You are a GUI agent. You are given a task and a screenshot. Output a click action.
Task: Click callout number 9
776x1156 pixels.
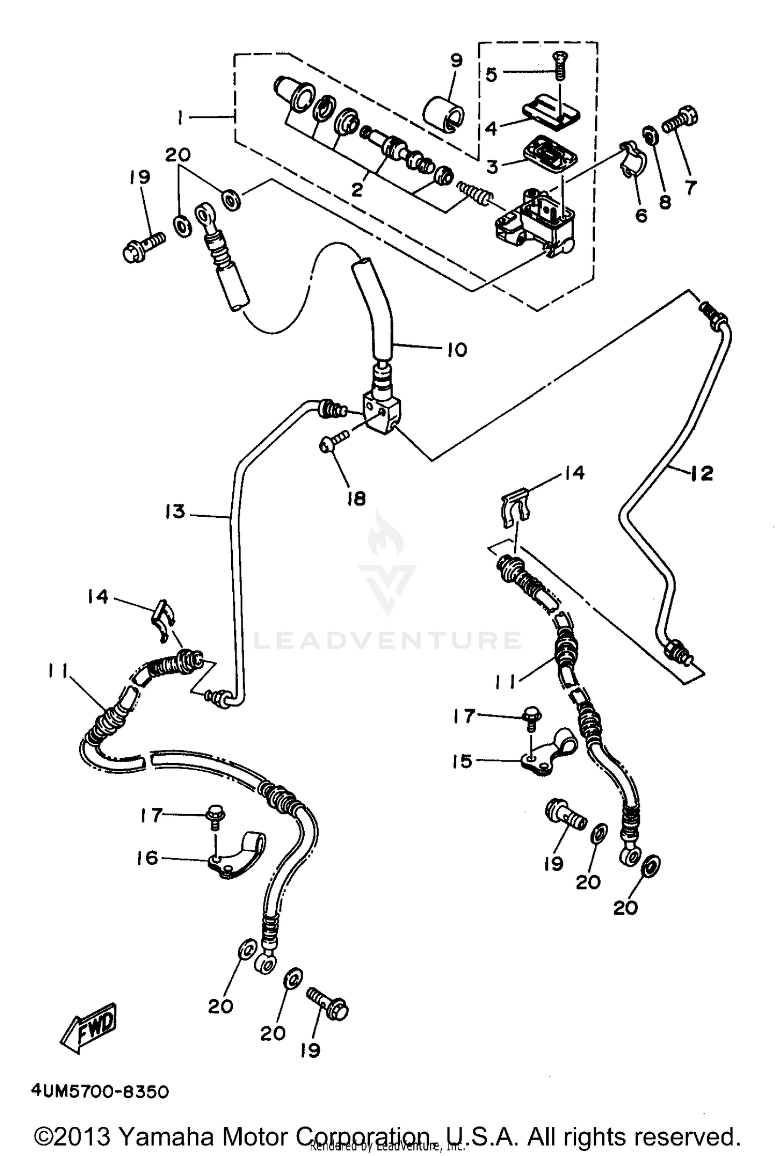[456, 61]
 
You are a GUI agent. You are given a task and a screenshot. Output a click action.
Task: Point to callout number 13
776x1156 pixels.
[175, 512]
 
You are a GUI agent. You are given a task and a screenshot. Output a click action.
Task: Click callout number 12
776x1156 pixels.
[702, 473]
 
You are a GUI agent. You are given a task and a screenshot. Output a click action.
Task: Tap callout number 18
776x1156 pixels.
[356, 498]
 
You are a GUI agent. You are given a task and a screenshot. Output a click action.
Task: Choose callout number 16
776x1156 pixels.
[147, 858]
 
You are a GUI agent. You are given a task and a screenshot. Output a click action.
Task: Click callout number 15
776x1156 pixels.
[462, 761]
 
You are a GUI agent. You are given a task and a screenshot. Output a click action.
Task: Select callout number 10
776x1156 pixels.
[457, 350]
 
